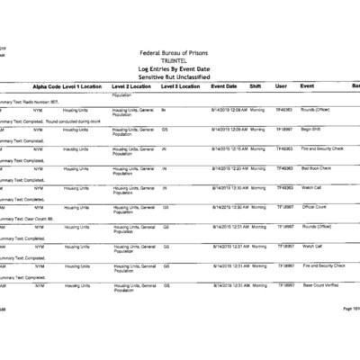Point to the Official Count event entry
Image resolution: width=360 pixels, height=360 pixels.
tap(315, 207)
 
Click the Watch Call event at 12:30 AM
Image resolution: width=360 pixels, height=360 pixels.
tap(311, 187)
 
